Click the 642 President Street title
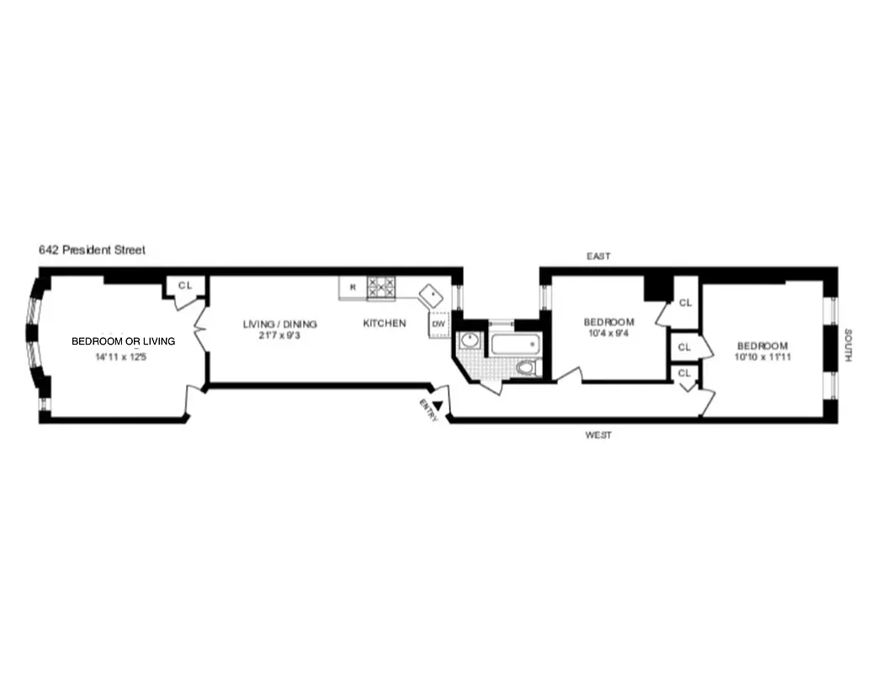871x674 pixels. point(92,250)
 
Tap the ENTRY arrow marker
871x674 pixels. point(437,405)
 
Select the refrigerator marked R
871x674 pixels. point(353,287)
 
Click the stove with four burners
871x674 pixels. point(381,287)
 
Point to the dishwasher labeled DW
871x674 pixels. point(438,324)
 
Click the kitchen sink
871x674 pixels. point(433,295)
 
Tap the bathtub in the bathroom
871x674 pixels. point(513,345)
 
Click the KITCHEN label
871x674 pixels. point(385,324)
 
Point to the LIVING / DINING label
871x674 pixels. point(280,324)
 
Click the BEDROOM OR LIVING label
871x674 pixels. point(124,341)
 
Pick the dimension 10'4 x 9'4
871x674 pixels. point(609,334)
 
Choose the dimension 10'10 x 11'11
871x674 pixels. point(762,357)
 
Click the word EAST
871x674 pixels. point(599,256)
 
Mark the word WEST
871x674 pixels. point(598,436)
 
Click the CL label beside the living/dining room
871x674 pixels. point(185,286)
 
